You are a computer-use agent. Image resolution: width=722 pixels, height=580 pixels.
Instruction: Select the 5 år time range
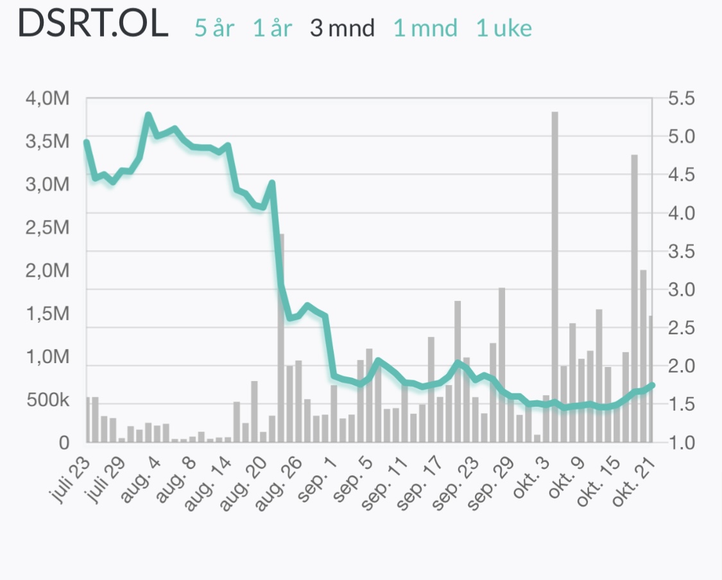click(x=214, y=28)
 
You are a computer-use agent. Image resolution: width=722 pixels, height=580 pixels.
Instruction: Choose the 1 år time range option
click(x=273, y=28)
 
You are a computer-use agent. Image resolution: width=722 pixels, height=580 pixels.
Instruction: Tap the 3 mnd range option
click(x=342, y=28)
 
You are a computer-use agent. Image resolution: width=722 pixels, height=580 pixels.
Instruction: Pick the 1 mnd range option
click(x=425, y=28)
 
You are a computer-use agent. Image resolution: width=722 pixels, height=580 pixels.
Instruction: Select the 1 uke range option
click(x=504, y=28)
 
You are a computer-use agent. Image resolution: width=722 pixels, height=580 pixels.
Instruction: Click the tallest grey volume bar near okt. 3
click(x=554, y=276)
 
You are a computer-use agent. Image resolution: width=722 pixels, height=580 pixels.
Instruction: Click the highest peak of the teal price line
click(x=148, y=115)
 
